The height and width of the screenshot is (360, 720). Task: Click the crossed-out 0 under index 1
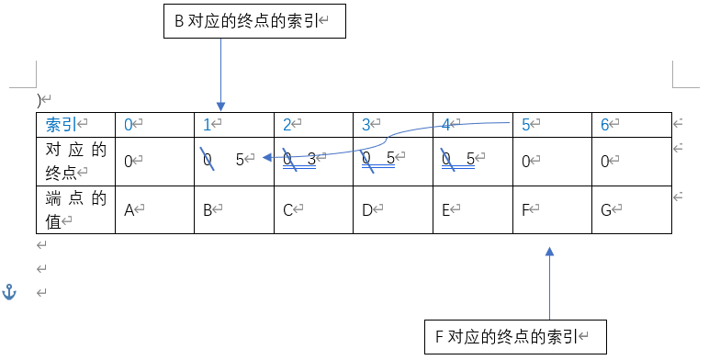coord(208,159)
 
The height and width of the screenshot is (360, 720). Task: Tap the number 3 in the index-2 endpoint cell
coord(311,159)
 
